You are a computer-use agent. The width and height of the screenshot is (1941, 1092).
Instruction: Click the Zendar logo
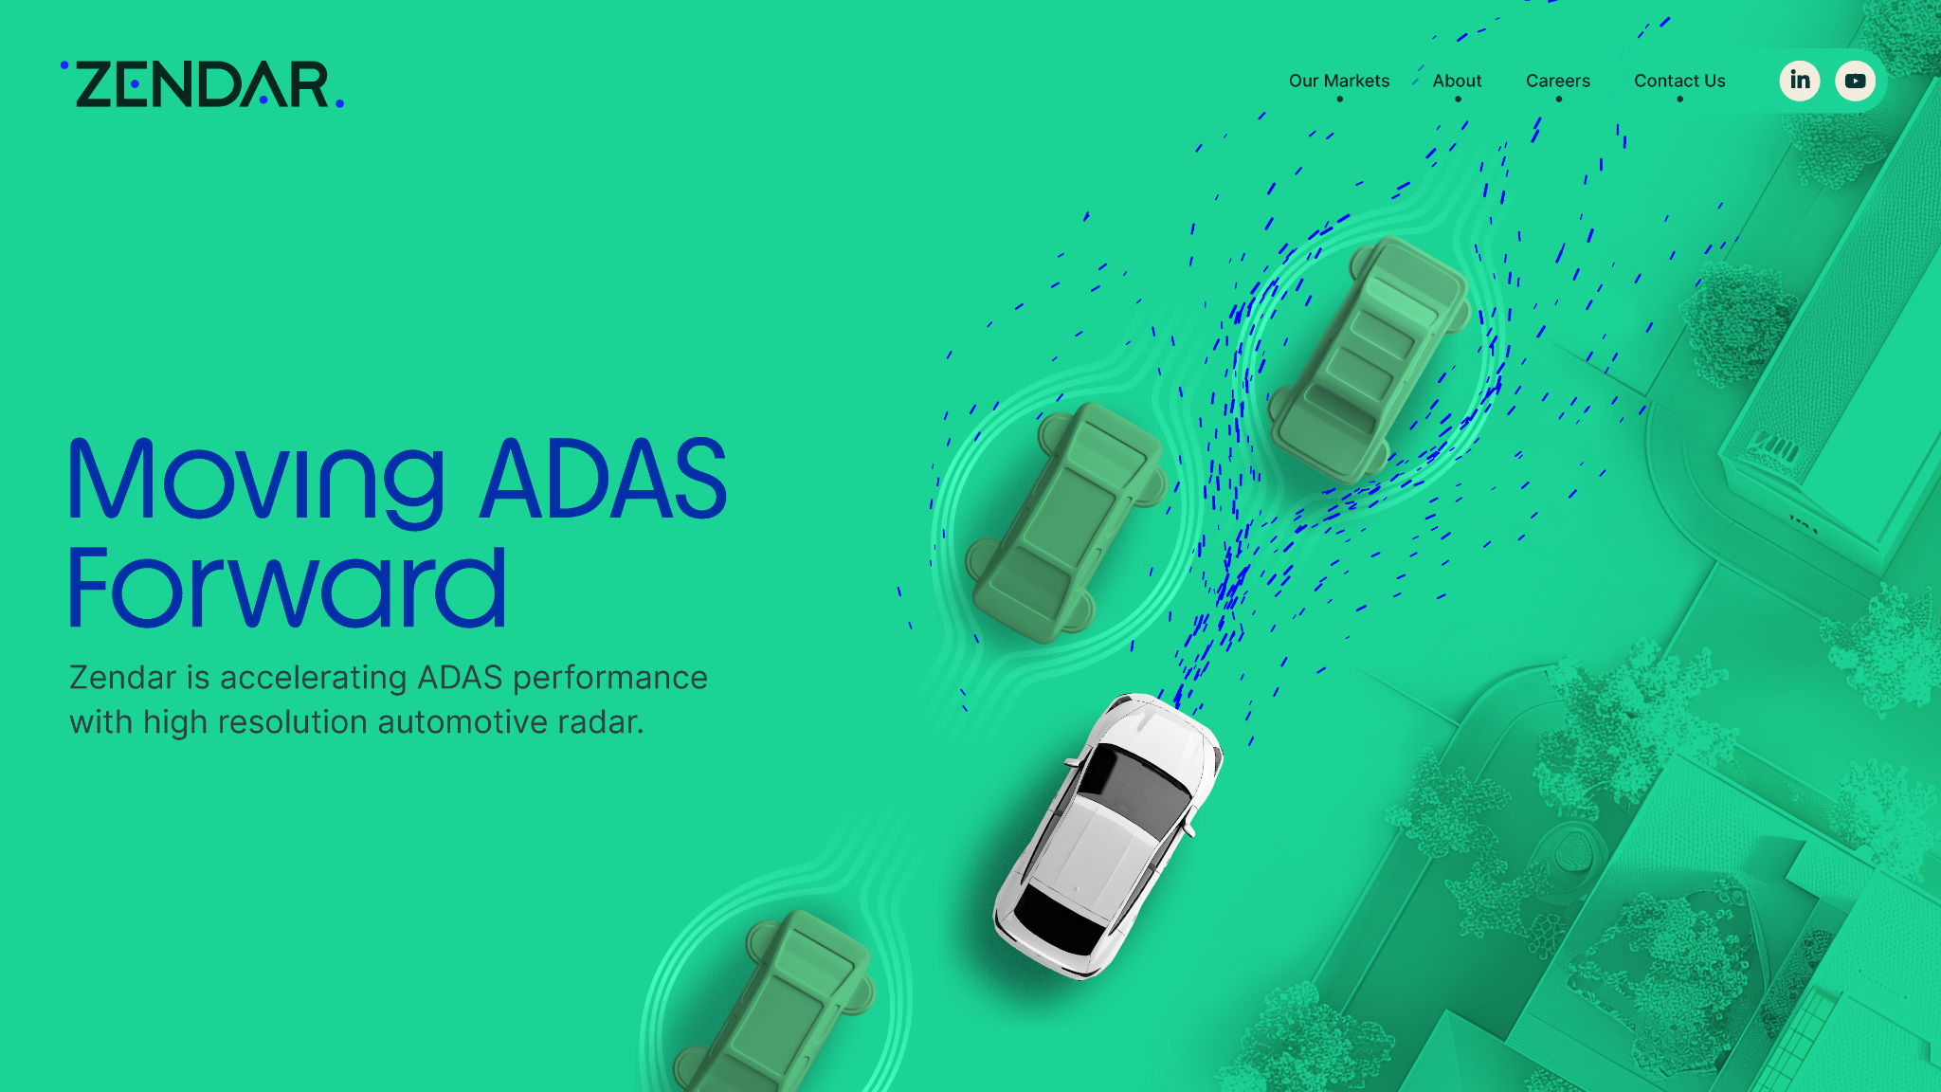202,84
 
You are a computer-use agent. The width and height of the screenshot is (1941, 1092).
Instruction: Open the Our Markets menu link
1339,81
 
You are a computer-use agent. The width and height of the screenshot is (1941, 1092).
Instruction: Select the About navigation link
1457,81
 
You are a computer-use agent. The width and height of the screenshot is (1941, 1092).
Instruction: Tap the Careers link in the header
1558,81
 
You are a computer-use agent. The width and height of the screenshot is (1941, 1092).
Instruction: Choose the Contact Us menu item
1679,81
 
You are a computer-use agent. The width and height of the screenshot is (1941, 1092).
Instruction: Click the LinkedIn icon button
1800,81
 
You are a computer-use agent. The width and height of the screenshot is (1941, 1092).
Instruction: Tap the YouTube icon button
1855,81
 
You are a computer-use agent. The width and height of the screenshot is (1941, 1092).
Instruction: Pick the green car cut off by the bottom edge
773,1001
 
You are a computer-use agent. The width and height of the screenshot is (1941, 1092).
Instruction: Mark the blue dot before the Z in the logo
64,64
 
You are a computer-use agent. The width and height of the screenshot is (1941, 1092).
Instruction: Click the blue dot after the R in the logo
340,103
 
